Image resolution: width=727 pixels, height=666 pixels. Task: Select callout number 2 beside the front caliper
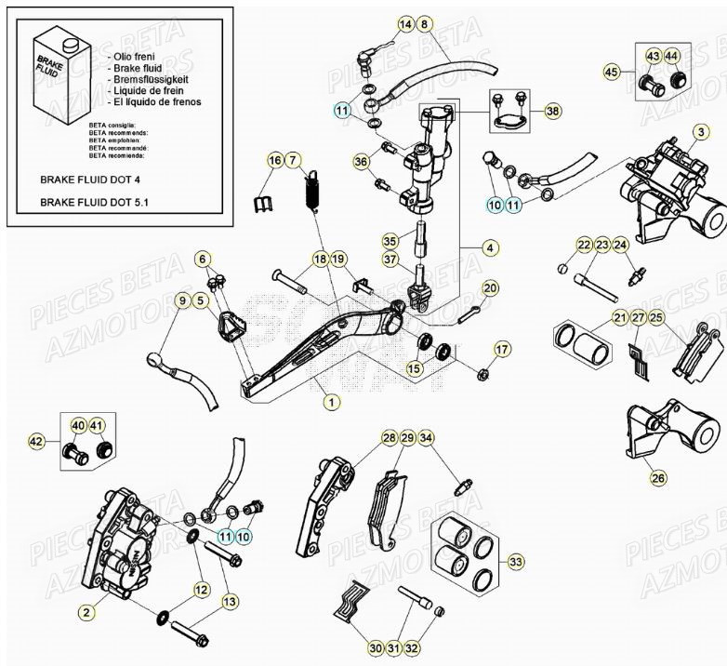pyautogui.click(x=85, y=611)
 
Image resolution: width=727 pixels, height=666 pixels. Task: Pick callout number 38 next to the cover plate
pyautogui.click(x=553, y=111)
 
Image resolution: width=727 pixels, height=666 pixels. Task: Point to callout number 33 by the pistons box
pyautogui.click(x=516, y=562)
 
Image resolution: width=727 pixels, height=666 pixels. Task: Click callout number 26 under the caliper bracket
pyautogui.click(x=658, y=478)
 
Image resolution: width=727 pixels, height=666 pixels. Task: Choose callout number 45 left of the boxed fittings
pyautogui.click(x=611, y=72)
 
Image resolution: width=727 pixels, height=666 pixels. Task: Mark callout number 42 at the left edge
pyautogui.click(x=36, y=441)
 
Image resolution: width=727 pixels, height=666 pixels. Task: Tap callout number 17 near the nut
pyautogui.click(x=502, y=350)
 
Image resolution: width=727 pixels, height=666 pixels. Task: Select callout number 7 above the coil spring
pyautogui.click(x=294, y=161)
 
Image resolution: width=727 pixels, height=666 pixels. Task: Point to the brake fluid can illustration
pyautogui.click(x=57, y=73)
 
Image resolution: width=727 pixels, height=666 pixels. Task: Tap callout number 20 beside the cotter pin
pyautogui.click(x=490, y=287)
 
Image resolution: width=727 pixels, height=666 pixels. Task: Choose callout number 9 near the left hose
pyautogui.click(x=182, y=300)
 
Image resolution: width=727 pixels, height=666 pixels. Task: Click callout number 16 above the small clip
pyautogui.click(x=274, y=161)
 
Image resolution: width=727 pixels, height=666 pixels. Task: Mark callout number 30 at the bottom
pyautogui.click(x=376, y=647)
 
